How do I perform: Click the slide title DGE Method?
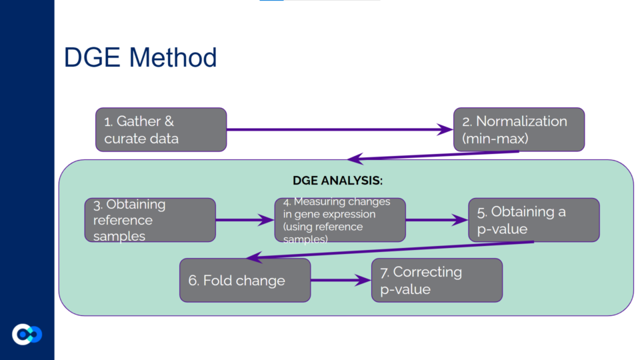coord(140,58)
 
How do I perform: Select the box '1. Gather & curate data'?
coord(161,129)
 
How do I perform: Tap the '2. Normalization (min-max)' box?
coord(519,129)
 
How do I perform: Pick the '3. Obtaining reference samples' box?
coord(149,220)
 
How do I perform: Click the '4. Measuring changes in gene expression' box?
coord(339,220)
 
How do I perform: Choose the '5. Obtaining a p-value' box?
coord(533,220)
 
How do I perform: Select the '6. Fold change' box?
coord(245,280)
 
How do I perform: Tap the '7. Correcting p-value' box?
coord(437,280)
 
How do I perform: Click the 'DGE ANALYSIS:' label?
coord(338,181)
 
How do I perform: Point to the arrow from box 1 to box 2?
coord(340,130)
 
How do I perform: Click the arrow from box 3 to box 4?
coord(245,220)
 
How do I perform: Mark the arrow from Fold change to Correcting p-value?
coord(341,280)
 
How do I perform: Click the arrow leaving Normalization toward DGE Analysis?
coord(433,156)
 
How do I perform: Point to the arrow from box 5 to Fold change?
coord(390,250)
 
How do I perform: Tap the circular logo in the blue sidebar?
coord(27,334)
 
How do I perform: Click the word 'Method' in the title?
coord(176,58)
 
